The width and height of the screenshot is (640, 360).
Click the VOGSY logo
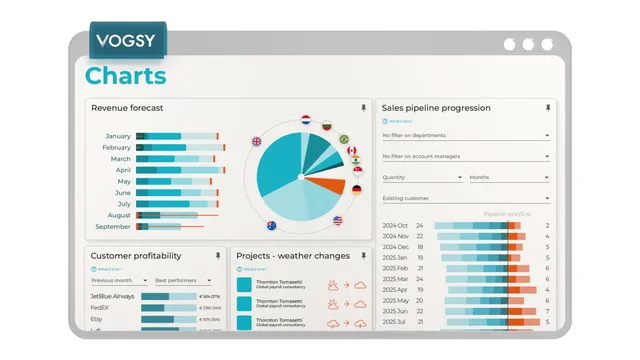(x=127, y=42)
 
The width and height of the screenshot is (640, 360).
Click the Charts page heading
(x=125, y=76)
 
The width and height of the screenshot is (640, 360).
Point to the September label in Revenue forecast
(x=112, y=226)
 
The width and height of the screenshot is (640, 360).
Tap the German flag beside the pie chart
(x=356, y=189)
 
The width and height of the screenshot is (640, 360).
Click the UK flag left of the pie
(x=256, y=142)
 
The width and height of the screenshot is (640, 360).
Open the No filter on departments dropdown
(x=466, y=135)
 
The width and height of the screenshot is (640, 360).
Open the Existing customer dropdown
(x=466, y=198)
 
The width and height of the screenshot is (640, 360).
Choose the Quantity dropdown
(x=422, y=177)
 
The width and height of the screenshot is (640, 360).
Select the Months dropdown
(x=509, y=177)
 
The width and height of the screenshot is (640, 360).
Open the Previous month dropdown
(x=118, y=281)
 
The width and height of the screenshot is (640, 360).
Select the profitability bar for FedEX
(x=168, y=309)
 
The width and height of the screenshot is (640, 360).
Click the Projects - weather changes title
(x=293, y=256)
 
